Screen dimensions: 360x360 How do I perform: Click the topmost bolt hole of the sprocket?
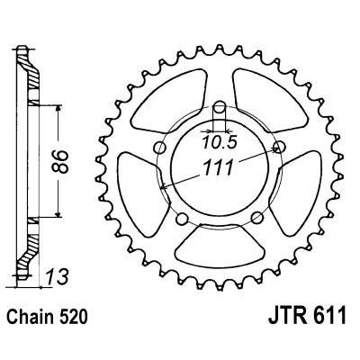pos(220,102)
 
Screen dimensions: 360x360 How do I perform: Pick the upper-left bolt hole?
pos(161,148)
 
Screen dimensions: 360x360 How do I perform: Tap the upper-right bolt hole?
pos(278,146)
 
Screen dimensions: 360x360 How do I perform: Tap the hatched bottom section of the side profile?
pos(32,252)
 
